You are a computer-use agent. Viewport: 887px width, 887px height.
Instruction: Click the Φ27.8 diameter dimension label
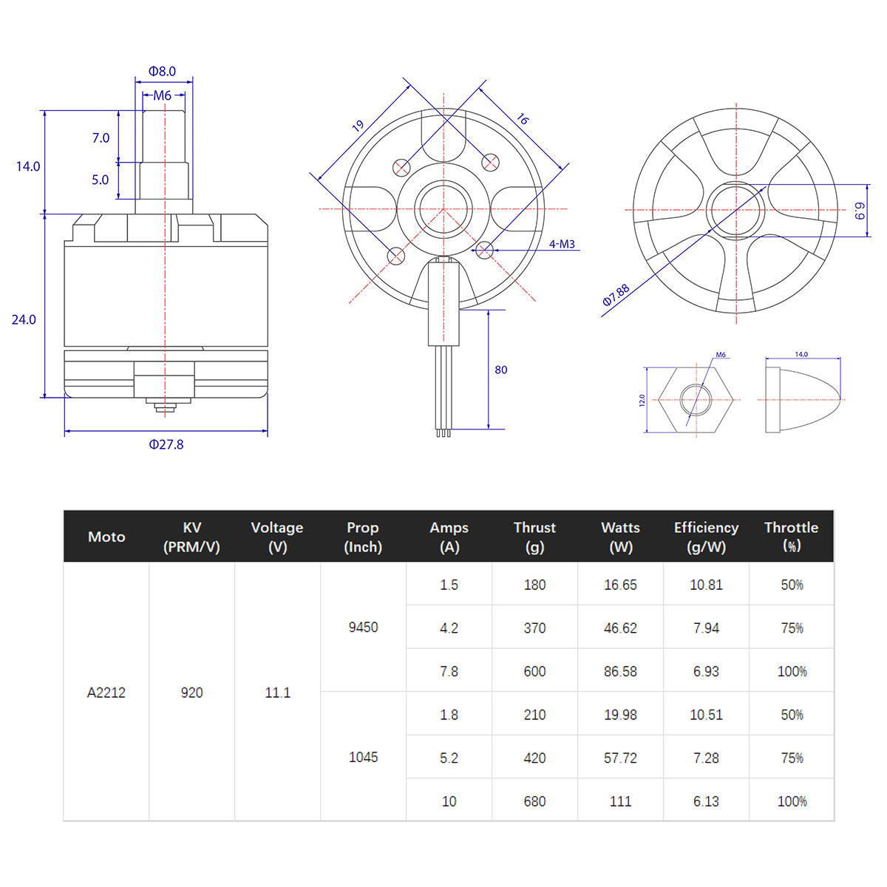tap(166, 444)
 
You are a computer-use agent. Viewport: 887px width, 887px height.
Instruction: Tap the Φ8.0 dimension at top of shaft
tap(162, 72)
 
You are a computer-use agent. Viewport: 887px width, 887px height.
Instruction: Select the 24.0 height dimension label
tap(24, 319)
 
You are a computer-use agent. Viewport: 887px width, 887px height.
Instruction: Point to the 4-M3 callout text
tap(562, 244)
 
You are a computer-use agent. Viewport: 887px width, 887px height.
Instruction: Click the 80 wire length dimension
tap(501, 370)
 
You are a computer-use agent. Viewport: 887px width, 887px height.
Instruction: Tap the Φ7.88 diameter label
tap(616, 295)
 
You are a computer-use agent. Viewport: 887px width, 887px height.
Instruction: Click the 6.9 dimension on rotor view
tap(860, 211)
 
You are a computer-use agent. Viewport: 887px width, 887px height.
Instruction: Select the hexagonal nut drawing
tap(696, 400)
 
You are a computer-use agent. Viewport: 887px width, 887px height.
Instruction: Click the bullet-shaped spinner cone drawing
tap(803, 400)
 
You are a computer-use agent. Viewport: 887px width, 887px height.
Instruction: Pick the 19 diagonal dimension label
tap(358, 126)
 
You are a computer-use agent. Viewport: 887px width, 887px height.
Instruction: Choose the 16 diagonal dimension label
tap(523, 119)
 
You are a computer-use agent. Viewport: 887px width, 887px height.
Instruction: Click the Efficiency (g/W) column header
tap(706, 537)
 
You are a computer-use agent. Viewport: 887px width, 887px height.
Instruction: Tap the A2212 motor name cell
tap(106, 693)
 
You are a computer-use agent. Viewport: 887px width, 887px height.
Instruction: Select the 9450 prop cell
tap(363, 627)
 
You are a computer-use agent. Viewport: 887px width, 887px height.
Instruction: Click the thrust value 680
tap(534, 801)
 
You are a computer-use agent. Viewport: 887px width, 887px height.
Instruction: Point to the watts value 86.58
tap(620, 671)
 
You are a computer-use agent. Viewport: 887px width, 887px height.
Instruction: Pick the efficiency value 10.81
tap(706, 585)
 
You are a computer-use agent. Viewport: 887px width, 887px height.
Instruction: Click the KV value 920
tap(191, 693)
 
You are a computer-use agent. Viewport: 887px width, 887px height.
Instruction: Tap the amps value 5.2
tap(449, 758)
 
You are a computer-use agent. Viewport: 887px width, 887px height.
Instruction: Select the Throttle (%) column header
tap(791, 537)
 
